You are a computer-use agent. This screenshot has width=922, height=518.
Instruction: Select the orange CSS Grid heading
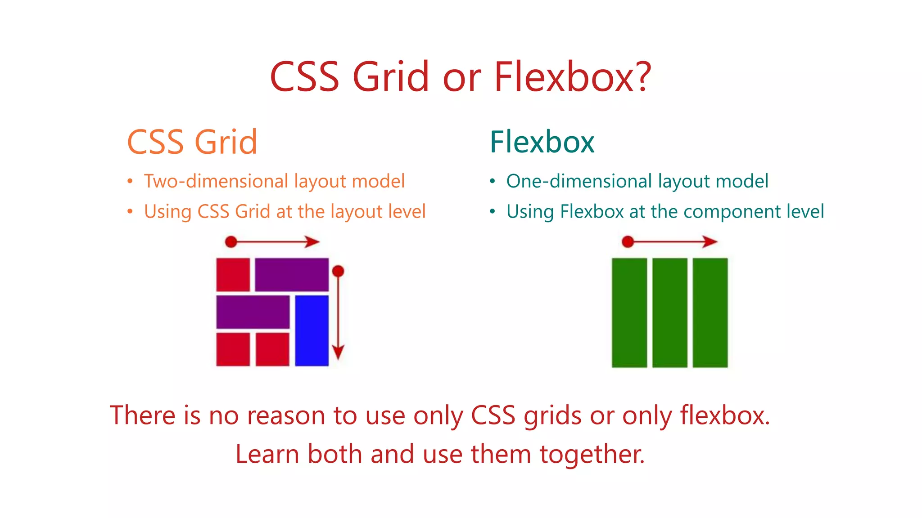click(192, 142)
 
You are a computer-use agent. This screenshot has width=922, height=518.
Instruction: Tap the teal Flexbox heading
click(542, 142)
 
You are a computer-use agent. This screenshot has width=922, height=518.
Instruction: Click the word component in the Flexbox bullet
click(732, 211)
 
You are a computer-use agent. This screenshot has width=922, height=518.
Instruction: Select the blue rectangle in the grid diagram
click(312, 330)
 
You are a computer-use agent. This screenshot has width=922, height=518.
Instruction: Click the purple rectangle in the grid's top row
click(292, 274)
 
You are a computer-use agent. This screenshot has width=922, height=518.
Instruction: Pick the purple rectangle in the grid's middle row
click(253, 312)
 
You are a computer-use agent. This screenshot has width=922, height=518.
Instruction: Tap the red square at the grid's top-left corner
click(233, 274)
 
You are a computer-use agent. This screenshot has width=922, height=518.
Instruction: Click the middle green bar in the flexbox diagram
click(669, 313)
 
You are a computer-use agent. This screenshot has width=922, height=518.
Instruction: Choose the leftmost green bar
click(629, 313)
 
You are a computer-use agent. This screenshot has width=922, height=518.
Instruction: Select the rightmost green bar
click(710, 313)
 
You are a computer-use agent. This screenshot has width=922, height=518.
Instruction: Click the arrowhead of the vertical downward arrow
click(338, 352)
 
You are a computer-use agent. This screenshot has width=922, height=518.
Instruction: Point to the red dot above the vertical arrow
click(338, 271)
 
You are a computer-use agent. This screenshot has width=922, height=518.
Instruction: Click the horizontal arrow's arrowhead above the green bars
click(710, 241)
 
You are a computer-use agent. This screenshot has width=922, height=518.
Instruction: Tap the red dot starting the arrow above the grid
click(231, 242)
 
